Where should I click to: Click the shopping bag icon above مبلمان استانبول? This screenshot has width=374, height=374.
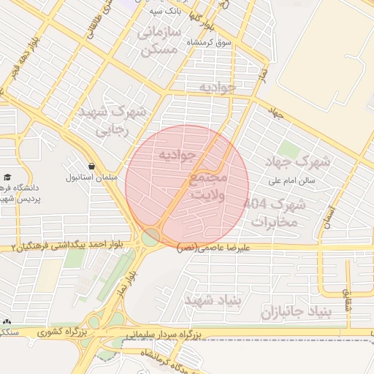pos(91,166)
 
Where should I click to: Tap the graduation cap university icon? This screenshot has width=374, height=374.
pos(7,178)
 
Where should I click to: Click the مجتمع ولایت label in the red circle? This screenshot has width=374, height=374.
pos(208,186)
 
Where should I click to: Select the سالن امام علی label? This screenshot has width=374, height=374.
pos(291,180)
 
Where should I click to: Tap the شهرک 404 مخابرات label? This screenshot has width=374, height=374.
pos(277,212)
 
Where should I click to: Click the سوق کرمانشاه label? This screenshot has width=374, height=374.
pos(209,43)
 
